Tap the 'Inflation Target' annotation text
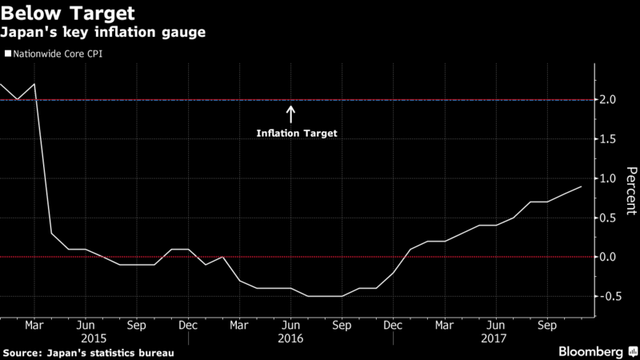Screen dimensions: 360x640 point(297,134)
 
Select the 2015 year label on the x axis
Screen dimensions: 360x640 point(85,338)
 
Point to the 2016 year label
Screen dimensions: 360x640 point(290,338)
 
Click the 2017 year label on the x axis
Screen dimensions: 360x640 point(496,338)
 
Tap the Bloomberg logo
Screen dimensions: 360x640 point(592,351)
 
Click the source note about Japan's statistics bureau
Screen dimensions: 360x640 point(89,352)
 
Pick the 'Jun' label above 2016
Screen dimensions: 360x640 point(290,326)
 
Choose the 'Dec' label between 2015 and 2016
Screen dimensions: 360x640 point(188,326)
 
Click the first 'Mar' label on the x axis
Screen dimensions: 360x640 point(34,326)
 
